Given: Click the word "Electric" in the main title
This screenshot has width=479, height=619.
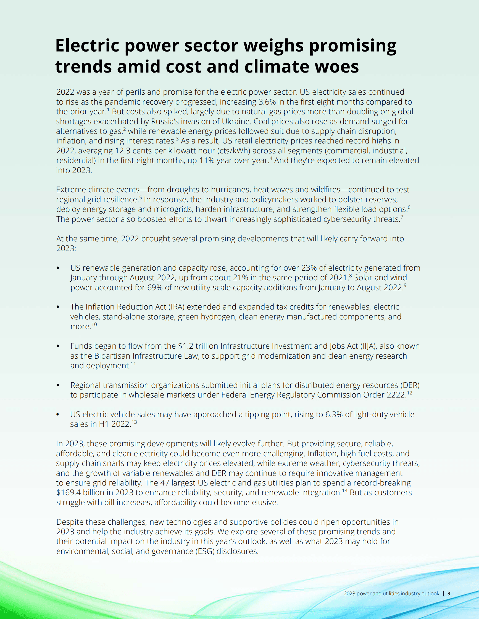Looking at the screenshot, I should coord(87,46).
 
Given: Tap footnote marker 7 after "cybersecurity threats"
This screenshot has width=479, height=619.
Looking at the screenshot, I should coord(402,217).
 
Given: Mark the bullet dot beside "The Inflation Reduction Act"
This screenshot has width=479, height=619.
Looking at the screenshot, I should coord(58,307).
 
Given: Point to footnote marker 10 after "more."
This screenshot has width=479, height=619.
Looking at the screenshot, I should coord(94,324).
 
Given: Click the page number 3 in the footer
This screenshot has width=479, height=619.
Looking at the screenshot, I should coord(449,594).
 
